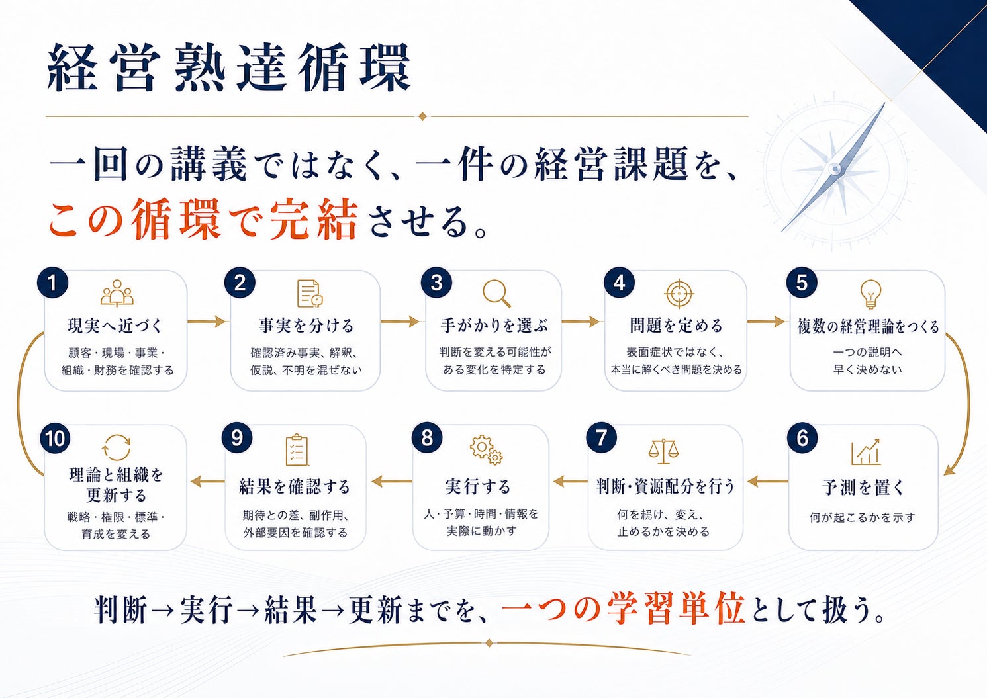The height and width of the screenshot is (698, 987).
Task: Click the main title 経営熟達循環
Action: pos(228,67)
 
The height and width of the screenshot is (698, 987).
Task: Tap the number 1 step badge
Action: pos(52,283)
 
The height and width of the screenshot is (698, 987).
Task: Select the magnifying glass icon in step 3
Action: pos(496,293)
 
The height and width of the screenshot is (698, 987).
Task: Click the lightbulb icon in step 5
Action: pos(870,294)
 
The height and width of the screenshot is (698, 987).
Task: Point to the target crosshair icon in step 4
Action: pos(679,294)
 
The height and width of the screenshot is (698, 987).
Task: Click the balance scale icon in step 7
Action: pos(663,451)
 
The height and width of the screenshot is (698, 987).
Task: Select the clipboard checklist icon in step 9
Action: pos(297,450)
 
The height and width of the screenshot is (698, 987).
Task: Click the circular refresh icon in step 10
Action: pos(117,447)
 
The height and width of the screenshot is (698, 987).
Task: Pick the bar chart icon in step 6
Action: pos(866,453)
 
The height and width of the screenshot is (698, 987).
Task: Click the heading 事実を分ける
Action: pos(306,326)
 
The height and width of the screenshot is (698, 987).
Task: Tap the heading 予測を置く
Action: pos(863,488)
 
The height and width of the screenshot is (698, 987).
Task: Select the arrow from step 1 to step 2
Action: pos(207,322)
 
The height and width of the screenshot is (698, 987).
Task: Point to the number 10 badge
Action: pos(55,439)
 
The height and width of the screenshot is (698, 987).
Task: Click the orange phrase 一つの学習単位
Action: pos(623,610)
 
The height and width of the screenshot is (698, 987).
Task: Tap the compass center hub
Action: pos(835,169)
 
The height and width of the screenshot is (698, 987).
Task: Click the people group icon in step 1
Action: pos(117,293)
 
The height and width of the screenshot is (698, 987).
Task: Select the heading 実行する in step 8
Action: pos(478,487)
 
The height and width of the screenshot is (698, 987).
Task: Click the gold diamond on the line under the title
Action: pos(422,116)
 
